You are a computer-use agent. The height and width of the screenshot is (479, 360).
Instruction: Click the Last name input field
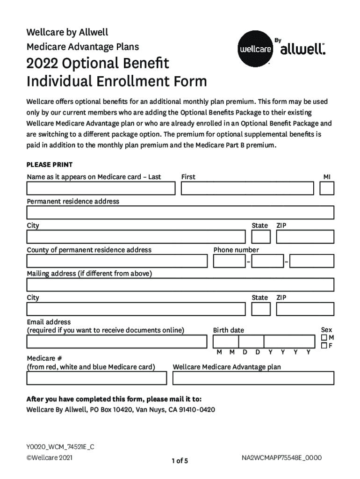[x=101, y=189]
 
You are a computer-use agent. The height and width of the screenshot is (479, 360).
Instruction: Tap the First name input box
[x=247, y=189]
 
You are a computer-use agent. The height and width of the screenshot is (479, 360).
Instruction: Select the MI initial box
[x=327, y=189]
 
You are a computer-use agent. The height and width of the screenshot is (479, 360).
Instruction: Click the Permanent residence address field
[x=180, y=213]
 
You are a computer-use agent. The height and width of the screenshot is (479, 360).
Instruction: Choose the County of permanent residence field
[x=117, y=261]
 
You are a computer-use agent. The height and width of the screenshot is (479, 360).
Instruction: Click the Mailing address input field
[x=180, y=285]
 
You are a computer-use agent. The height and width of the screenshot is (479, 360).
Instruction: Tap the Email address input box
[x=117, y=342]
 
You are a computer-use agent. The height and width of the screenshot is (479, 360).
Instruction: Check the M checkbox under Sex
[x=324, y=338]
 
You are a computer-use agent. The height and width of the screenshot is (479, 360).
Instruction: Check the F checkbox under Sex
[x=324, y=346]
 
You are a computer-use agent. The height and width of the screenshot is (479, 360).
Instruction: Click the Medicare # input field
[x=97, y=378]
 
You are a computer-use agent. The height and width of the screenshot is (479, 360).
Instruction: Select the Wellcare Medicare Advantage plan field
[x=253, y=378]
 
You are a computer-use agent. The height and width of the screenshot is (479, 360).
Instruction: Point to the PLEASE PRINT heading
[x=50, y=165]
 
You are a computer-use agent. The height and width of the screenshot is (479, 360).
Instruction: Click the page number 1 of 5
[x=180, y=461]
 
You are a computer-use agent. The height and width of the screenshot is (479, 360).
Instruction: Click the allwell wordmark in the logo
[x=302, y=50]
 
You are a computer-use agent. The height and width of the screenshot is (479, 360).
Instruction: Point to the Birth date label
[x=229, y=330]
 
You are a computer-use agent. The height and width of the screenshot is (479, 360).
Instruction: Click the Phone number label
[x=236, y=250]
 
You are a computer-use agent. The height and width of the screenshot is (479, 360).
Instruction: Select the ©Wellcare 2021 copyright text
[x=49, y=457]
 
